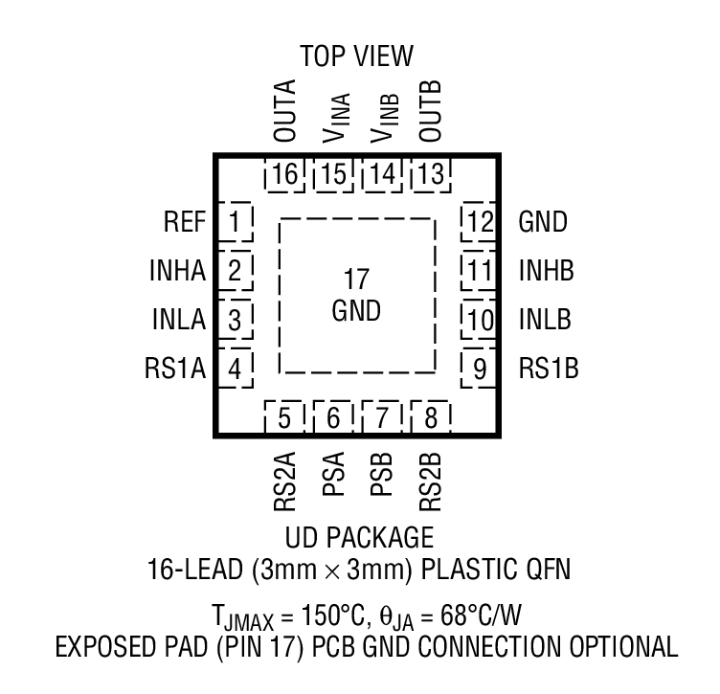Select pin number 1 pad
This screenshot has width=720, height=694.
tap(235, 224)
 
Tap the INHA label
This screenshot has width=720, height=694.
tap(179, 272)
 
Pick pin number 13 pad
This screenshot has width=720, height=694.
tap(430, 176)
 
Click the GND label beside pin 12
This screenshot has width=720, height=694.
tap(543, 224)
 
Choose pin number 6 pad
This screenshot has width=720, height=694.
tap(333, 418)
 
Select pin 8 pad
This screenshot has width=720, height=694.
tap(430, 418)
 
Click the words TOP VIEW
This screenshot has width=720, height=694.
tap(356, 56)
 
